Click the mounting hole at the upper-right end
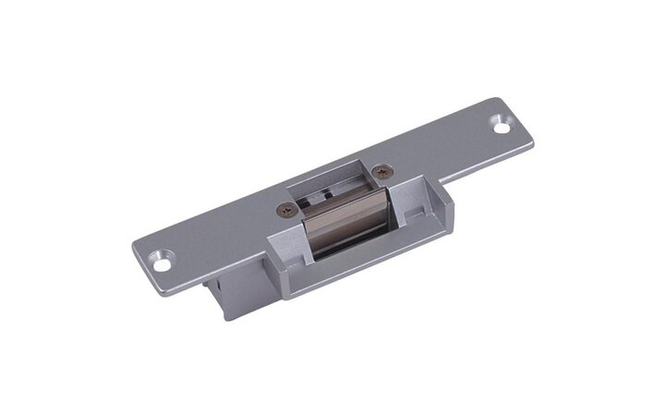tap(502, 121)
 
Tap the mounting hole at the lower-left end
tap(166, 262)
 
